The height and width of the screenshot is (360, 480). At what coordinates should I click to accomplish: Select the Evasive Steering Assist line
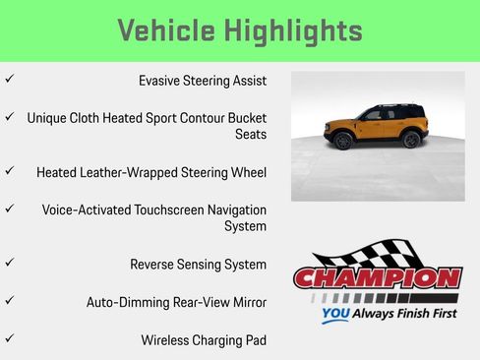pyautogui.click(x=202, y=81)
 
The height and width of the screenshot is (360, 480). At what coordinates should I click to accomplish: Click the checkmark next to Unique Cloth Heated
pyautogui.click(x=9, y=116)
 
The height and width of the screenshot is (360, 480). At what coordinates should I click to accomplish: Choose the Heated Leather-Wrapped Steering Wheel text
pyautogui.click(x=151, y=172)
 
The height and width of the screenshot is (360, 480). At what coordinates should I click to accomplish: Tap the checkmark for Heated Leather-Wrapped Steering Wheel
pyautogui.click(x=9, y=171)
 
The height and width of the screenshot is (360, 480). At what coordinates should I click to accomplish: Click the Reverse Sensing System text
pyautogui.click(x=198, y=265)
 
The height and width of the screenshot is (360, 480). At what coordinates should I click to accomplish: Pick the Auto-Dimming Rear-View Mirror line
pyautogui.click(x=176, y=302)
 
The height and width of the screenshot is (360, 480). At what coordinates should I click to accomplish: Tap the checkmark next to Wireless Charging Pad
pyautogui.click(x=9, y=338)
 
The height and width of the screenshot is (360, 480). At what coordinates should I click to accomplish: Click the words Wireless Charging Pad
pyautogui.click(x=204, y=339)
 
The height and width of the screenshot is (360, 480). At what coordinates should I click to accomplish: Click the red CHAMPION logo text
pyautogui.click(x=378, y=277)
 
